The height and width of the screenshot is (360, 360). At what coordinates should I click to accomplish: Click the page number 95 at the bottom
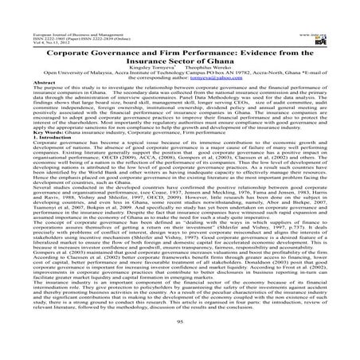180,323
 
